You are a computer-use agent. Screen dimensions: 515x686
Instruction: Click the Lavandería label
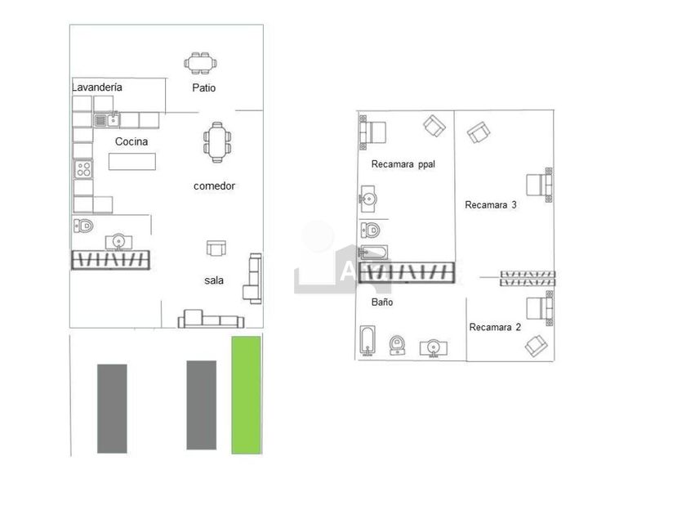pyautogui.click(x=97, y=86)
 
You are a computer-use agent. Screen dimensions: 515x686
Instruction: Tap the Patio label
pyautogui.click(x=204, y=87)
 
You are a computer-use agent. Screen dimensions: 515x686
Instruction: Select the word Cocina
pyautogui.click(x=131, y=141)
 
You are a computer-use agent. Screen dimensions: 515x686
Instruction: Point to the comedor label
pyautogui.click(x=214, y=186)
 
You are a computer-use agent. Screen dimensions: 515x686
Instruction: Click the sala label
pyautogui.click(x=214, y=280)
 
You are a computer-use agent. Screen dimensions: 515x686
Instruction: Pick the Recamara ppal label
pyautogui.click(x=403, y=163)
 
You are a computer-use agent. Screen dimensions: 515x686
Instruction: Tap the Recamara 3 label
pyautogui.click(x=491, y=205)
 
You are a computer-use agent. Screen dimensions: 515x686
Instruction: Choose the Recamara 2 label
pyautogui.click(x=495, y=327)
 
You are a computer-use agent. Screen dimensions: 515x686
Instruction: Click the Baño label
pyautogui.click(x=382, y=302)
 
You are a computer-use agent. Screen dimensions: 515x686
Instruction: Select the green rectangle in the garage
pyautogui.click(x=246, y=394)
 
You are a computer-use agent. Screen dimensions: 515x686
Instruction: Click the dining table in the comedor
pyautogui.click(x=216, y=142)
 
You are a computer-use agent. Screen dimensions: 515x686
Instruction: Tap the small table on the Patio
pyautogui.click(x=201, y=63)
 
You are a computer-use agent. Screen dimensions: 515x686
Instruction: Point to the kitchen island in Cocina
pyautogui.click(x=131, y=161)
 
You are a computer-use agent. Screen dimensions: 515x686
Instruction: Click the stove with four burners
pyautogui.click(x=83, y=169)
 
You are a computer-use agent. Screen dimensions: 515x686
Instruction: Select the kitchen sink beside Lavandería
pyautogui.click(x=106, y=120)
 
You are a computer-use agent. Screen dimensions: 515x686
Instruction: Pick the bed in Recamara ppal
pyautogui.click(x=373, y=132)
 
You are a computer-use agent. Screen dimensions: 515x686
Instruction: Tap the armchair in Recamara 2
pyautogui.click(x=536, y=346)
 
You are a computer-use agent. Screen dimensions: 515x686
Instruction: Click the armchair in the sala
pyautogui.click(x=216, y=249)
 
